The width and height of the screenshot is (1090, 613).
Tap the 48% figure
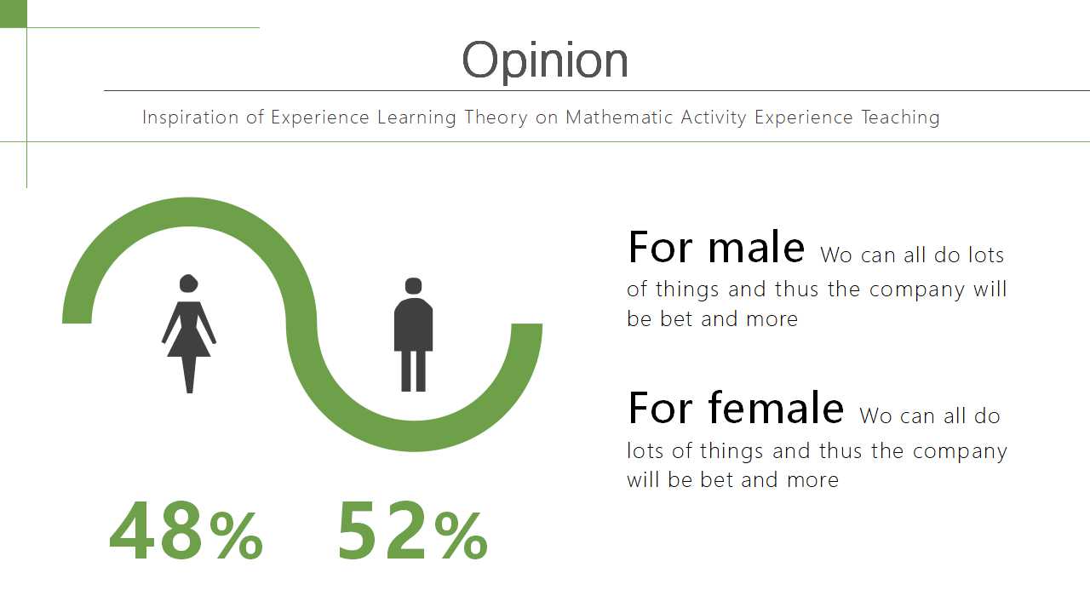tap(186, 530)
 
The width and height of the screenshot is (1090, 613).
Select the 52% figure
tap(413, 530)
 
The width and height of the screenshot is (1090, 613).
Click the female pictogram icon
tap(189, 334)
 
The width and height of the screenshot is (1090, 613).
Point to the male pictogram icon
tap(413, 335)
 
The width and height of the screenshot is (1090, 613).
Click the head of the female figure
tap(188, 284)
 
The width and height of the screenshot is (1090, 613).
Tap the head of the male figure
tap(413, 286)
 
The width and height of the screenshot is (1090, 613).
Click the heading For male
tap(716, 247)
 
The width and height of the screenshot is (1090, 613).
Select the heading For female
tap(736, 408)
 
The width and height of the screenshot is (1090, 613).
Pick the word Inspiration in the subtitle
tap(190, 118)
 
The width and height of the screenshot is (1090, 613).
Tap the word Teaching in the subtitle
tap(900, 118)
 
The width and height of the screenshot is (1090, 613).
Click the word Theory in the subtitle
tap(496, 118)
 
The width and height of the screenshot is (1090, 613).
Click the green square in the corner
tap(13, 14)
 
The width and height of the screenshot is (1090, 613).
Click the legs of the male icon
tap(413, 370)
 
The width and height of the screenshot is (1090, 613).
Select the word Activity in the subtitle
tap(714, 118)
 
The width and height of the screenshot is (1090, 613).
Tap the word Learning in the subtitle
tap(416, 118)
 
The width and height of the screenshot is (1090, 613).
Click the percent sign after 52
tap(461, 536)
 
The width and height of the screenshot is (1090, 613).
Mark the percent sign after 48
tap(237, 536)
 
